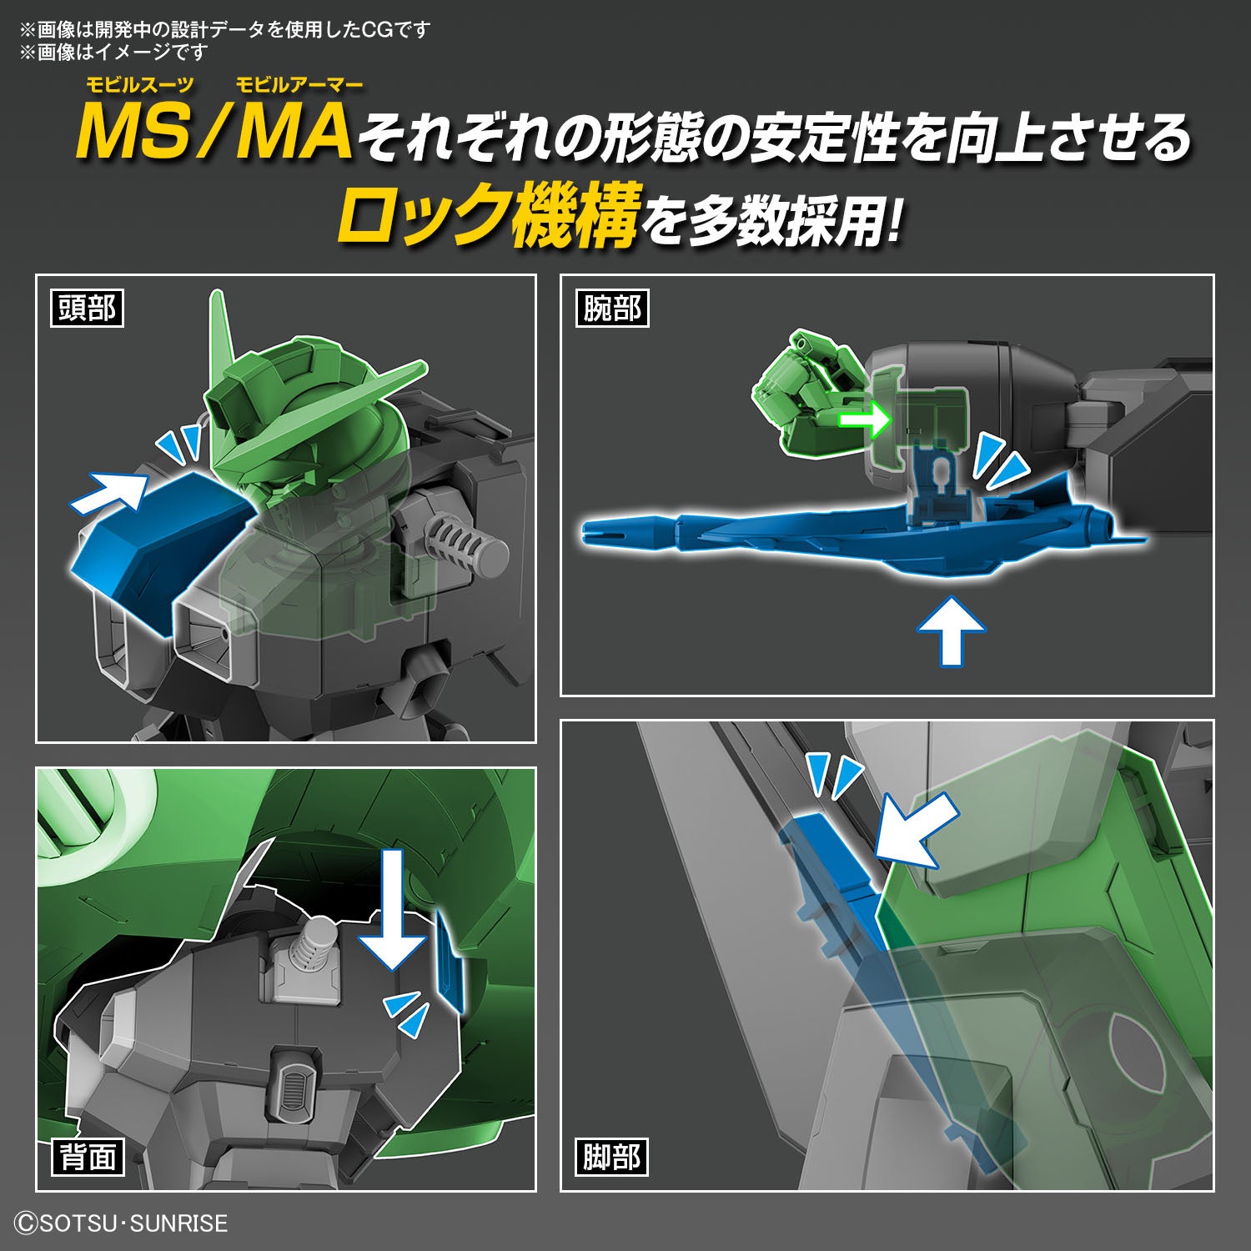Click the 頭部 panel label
tap(87, 309)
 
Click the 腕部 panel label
tap(611, 309)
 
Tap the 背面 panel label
tap(87, 1157)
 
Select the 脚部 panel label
tap(611, 1157)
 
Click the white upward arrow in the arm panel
tap(950, 630)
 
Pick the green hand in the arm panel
tap(801, 392)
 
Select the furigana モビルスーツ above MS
tap(139, 84)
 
